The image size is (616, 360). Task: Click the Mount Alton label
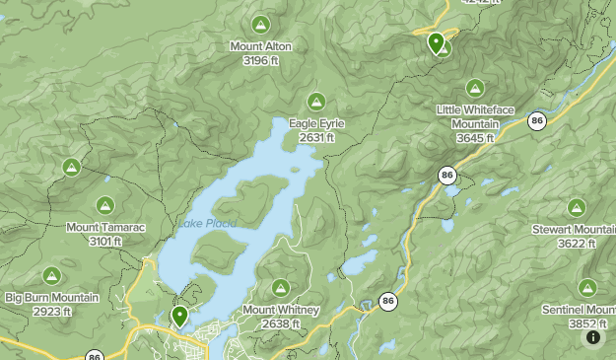[260, 46]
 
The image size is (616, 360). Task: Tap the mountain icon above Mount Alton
[260, 24]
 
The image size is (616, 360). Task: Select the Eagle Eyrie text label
[316, 123]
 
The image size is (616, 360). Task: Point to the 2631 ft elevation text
[316, 138]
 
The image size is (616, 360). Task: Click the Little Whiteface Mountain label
[475, 116]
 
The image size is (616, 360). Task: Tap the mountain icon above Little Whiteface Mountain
[475, 87]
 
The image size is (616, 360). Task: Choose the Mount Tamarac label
[105, 228]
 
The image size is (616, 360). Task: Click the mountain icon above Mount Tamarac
[105, 205]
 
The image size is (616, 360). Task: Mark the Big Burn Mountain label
[52, 298]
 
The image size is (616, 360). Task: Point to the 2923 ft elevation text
[52, 312]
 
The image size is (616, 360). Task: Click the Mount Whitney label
[281, 310]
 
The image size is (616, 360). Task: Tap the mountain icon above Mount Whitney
[281, 287]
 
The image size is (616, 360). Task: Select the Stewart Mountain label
[585, 230]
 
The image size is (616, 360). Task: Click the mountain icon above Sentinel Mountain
[587, 287]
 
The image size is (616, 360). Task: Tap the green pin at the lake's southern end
[179, 316]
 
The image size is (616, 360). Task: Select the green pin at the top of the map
[436, 41]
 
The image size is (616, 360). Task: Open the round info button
[593, 337]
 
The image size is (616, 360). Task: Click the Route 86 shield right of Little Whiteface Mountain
[536, 120]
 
